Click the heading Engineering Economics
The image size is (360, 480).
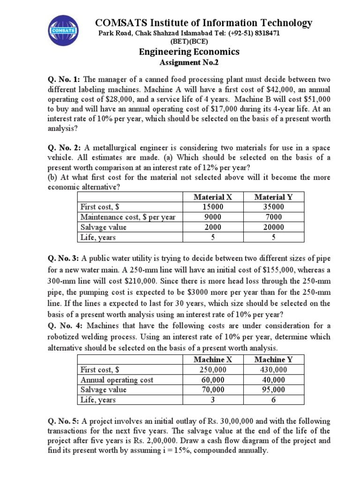click(189, 52)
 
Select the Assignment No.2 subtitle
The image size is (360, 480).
click(189, 62)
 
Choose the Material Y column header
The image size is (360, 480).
click(273, 197)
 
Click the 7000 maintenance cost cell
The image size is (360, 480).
click(273, 217)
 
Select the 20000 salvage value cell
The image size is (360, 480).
click(273, 227)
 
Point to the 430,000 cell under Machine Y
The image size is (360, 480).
click(273, 369)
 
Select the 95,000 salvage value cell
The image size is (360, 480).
click(273, 390)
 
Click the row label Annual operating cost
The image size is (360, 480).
click(117, 380)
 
